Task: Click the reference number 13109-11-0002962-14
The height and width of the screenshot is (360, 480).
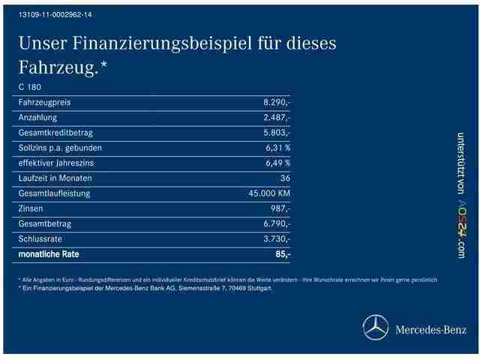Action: click(x=51, y=15)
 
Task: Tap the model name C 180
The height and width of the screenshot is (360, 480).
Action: click(x=31, y=87)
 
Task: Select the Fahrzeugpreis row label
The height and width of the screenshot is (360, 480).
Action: click(x=44, y=102)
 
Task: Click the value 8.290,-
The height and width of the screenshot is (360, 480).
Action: click(x=277, y=102)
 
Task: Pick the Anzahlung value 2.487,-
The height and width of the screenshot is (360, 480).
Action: click(x=277, y=118)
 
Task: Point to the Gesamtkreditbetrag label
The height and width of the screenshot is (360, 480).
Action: click(x=55, y=133)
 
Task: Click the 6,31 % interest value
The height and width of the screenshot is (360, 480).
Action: click(x=277, y=148)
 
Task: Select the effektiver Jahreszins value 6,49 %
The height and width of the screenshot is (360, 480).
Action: click(x=277, y=163)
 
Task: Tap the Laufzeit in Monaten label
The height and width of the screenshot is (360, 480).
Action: click(x=55, y=178)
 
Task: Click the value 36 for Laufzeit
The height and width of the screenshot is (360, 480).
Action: click(x=284, y=178)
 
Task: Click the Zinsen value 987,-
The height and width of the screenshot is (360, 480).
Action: click(x=280, y=208)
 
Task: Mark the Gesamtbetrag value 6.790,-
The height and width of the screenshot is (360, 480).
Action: click(x=277, y=223)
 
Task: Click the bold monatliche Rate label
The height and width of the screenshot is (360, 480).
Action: click(x=48, y=254)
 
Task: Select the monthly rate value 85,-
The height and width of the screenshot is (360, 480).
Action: click(x=283, y=254)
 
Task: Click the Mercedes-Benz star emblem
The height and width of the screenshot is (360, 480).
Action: click(x=375, y=328)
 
